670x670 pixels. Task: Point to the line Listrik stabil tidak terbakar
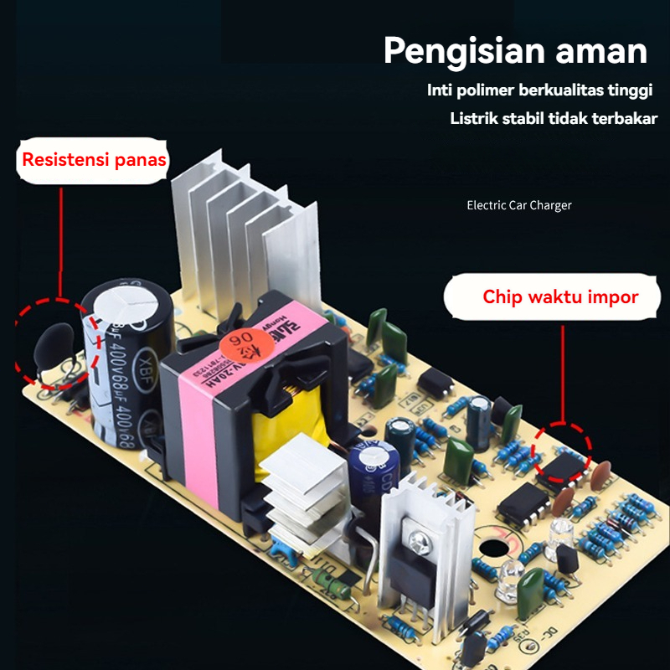[554, 118]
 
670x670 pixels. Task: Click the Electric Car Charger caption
[518, 205]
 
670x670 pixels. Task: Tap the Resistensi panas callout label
[94, 159]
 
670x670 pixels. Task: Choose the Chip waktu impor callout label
[560, 296]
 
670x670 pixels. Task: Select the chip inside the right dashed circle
[564, 462]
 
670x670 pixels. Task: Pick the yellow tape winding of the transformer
[293, 419]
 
